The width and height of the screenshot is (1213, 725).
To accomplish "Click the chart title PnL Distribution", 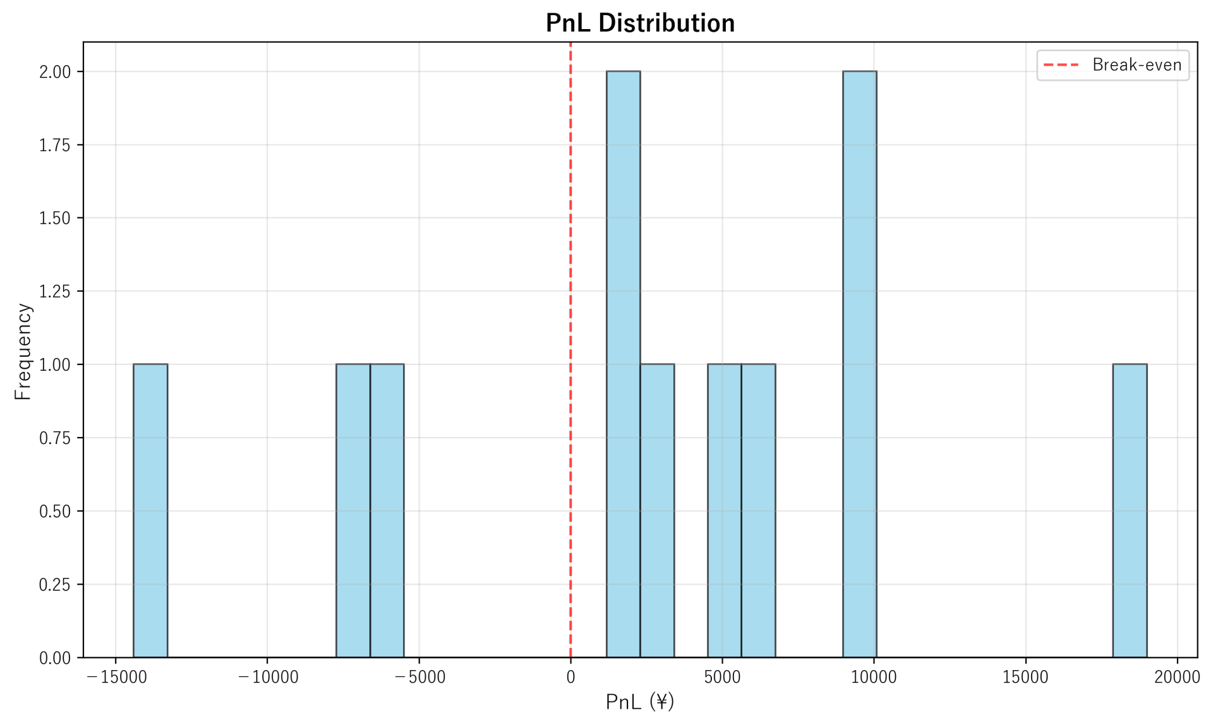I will [x=640, y=23].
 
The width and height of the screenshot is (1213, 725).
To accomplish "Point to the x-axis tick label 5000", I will [x=722, y=678].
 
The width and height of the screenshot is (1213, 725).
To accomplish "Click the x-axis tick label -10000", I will [x=268, y=678].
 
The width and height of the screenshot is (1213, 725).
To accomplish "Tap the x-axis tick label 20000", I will [x=1177, y=678].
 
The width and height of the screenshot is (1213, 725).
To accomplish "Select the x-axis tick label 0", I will [x=570, y=678].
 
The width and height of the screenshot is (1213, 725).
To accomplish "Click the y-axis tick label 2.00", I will [x=55, y=72].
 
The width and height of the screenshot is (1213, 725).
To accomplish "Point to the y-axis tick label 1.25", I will [x=55, y=292].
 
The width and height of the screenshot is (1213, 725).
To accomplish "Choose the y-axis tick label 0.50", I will [x=55, y=512].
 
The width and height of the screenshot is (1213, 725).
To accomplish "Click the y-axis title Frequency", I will [x=23, y=351].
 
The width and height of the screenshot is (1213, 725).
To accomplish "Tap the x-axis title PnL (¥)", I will [x=640, y=702].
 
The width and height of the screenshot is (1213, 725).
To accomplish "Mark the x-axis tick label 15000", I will [x=1025, y=678].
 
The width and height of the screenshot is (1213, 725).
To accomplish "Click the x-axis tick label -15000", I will [x=116, y=678].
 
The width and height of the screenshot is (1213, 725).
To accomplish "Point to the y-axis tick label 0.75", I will [x=55, y=438].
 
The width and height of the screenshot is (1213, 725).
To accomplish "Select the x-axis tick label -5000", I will [x=419, y=678].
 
